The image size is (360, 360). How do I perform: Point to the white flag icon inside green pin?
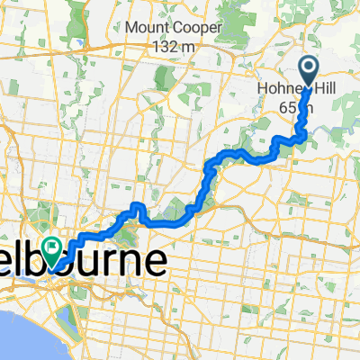pyautogui.click(x=53, y=242)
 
